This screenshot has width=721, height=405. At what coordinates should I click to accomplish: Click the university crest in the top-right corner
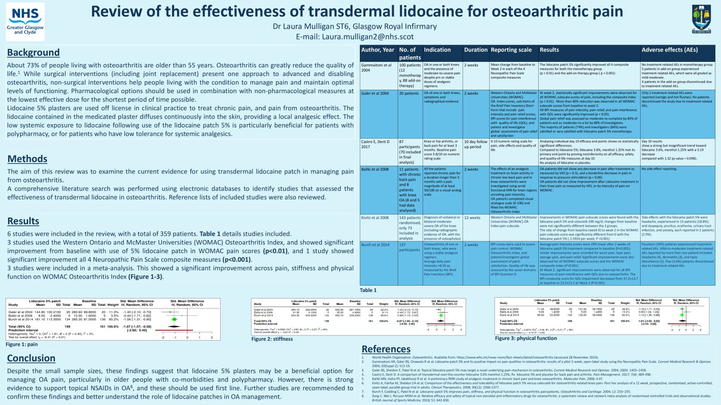click(x=701, y=19)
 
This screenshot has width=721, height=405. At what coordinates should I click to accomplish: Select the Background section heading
click(x=33, y=52)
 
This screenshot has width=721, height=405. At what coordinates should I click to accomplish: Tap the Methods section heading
click(x=27, y=159)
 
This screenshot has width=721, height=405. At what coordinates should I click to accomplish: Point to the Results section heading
click(x=23, y=221)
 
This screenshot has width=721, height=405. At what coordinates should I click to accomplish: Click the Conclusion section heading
click(x=31, y=358)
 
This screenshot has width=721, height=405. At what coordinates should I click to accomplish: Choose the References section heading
click(x=386, y=349)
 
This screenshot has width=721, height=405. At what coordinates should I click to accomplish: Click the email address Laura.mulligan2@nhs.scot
click(x=355, y=37)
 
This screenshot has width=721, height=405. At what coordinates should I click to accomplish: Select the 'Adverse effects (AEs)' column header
click(x=669, y=50)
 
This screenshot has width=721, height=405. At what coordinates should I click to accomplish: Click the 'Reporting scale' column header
click(x=511, y=50)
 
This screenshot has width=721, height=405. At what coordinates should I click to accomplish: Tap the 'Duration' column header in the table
click(x=476, y=50)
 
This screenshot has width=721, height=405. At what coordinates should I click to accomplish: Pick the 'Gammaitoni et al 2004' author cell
click(x=377, y=68)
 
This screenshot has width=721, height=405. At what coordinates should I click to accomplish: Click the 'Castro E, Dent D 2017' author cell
click(x=375, y=144)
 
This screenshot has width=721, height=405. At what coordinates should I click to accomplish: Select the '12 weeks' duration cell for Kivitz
click(x=472, y=218)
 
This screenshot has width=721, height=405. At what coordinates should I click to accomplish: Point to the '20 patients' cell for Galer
click(x=408, y=93)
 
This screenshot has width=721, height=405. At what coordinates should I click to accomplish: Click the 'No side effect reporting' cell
click(x=659, y=169)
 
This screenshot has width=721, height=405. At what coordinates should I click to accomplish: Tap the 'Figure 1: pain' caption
click(x=21, y=344)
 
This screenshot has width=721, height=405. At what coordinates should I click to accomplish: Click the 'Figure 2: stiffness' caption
click(x=272, y=339)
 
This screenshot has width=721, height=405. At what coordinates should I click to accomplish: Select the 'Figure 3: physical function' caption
click(x=525, y=338)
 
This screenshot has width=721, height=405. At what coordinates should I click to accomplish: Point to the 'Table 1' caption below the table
click(x=368, y=290)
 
